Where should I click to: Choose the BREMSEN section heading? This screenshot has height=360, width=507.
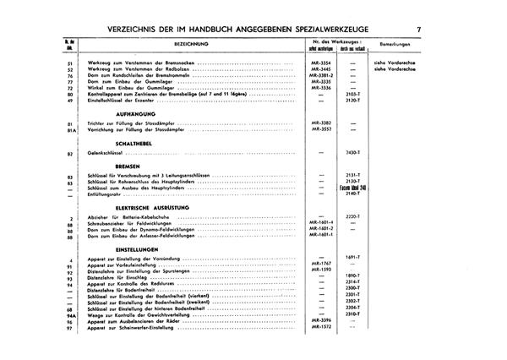(x=126, y=168)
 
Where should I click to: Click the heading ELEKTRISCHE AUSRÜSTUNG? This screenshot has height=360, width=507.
(x=150, y=207)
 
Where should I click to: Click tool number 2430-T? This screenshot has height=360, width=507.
(x=354, y=153)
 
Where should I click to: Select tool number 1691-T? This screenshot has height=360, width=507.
(x=354, y=256)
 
